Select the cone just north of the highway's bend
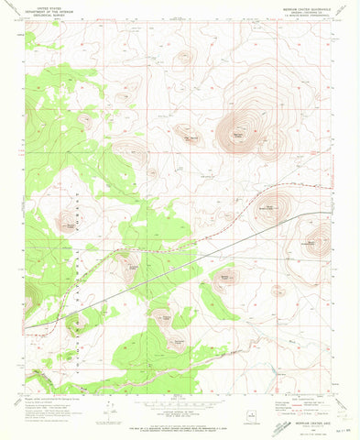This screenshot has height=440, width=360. click(x=274, y=203)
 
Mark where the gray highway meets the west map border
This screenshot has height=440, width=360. click(x=26, y=327)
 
